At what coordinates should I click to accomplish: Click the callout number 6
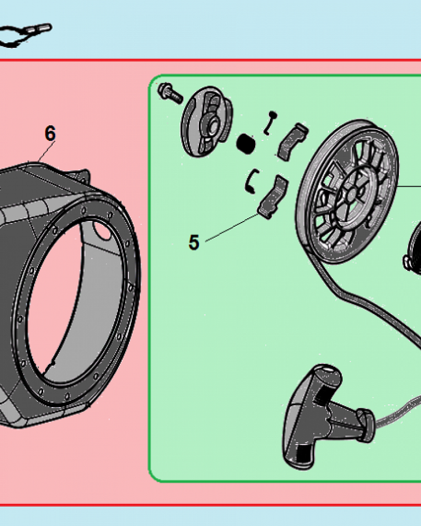(50, 134)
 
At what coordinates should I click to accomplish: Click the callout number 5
(194, 242)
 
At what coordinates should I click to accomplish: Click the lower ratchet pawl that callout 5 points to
(273, 197)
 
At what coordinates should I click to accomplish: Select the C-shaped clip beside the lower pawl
(252, 180)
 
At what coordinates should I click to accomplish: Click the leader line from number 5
(232, 227)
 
